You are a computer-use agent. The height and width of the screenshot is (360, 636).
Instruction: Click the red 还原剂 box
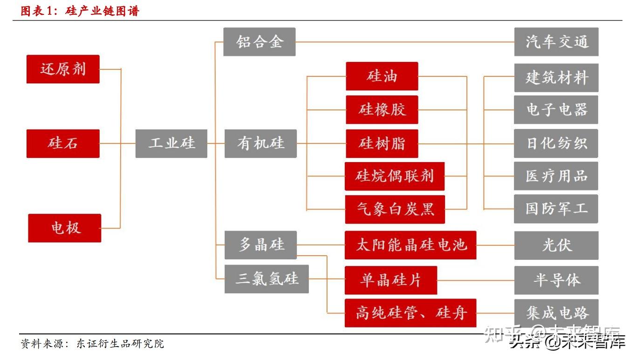(63, 69)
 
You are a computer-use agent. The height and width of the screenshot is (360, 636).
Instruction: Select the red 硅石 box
(63, 143)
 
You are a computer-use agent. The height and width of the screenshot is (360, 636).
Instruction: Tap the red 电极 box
(65, 228)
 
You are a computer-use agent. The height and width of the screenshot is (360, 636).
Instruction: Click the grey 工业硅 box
(171, 143)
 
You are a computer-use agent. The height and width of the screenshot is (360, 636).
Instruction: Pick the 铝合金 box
(259, 42)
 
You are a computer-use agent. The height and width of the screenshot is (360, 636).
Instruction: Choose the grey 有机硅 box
(260, 143)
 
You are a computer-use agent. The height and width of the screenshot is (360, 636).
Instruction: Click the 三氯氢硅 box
(267, 279)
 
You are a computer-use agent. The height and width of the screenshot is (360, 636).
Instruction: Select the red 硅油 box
(382, 76)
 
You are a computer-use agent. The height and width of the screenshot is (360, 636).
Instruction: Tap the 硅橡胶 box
(382, 110)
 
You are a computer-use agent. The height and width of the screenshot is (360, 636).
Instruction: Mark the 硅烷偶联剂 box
(394, 176)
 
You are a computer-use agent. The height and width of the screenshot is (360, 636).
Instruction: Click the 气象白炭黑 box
(395, 209)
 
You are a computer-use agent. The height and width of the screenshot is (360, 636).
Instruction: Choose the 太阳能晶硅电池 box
(410, 245)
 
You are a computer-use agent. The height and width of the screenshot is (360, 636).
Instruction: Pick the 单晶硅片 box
(390, 280)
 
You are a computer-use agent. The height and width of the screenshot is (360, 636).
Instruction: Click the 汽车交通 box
(556, 42)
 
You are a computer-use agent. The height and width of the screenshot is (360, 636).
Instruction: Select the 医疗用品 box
(556, 176)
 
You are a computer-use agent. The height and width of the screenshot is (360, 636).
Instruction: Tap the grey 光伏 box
(556, 245)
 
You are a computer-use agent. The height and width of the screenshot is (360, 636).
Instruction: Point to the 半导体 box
(556, 280)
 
